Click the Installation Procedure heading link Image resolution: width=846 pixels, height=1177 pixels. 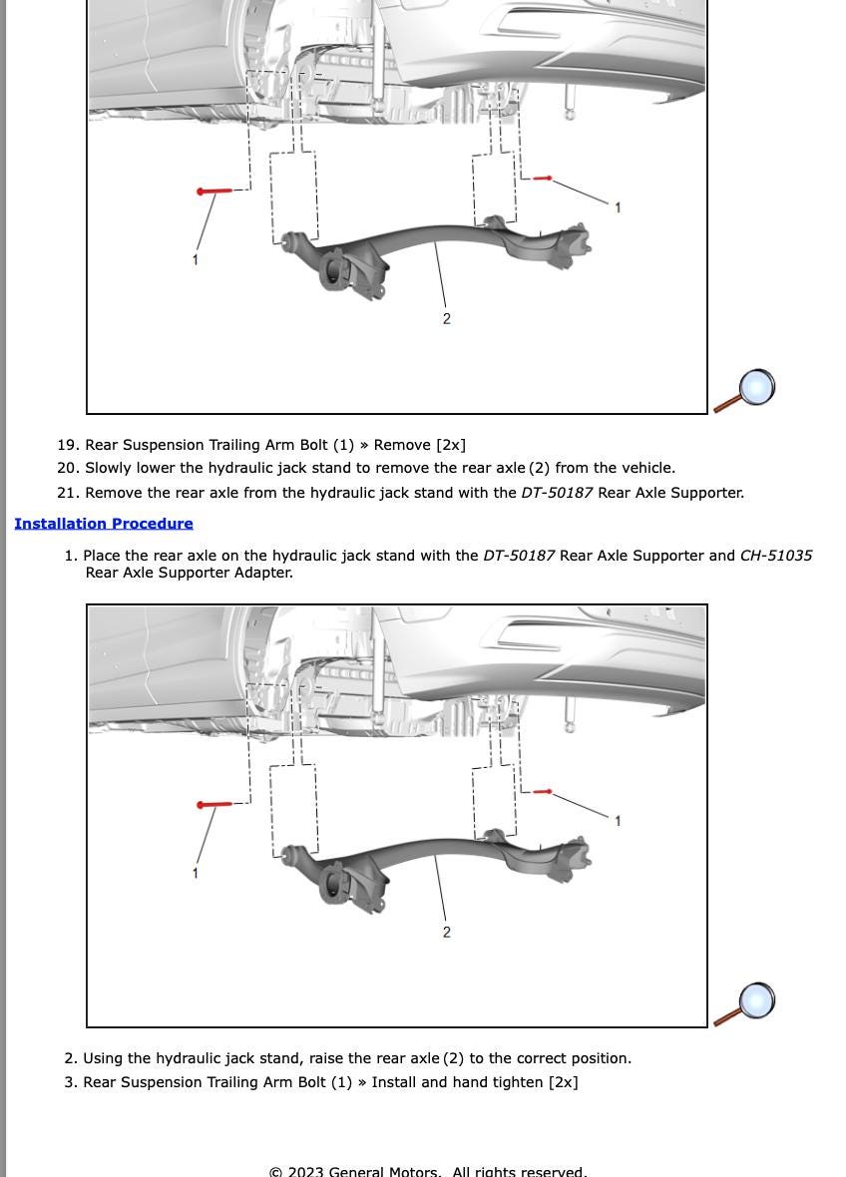pyautogui.click(x=104, y=524)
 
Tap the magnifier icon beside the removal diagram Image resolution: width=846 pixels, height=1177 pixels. pyautogui.click(x=745, y=390)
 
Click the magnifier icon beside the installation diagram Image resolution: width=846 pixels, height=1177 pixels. pyautogui.click(x=745, y=1003)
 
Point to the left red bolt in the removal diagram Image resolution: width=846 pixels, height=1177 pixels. pyautogui.click(x=214, y=191)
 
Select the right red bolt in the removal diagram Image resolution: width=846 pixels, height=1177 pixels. pyautogui.click(x=543, y=179)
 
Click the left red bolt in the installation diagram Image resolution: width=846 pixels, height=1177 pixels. pyautogui.click(x=214, y=804)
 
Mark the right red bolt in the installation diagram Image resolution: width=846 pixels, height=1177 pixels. pyautogui.click(x=543, y=792)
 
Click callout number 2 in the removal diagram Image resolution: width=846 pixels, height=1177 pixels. pyautogui.click(x=446, y=319)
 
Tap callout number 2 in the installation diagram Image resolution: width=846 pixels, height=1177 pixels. pyautogui.click(x=446, y=933)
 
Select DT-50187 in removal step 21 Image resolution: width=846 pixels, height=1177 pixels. pyautogui.click(x=557, y=493)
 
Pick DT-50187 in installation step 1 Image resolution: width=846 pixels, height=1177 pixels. pyautogui.click(x=519, y=556)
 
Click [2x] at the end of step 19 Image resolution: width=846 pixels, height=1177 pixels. pyautogui.click(x=450, y=445)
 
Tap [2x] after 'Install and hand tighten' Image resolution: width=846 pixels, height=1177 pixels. pyautogui.click(x=563, y=1082)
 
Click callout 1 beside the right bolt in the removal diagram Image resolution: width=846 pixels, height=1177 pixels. pyautogui.click(x=618, y=207)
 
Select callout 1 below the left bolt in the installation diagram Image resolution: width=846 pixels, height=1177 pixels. pyautogui.click(x=196, y=873)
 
